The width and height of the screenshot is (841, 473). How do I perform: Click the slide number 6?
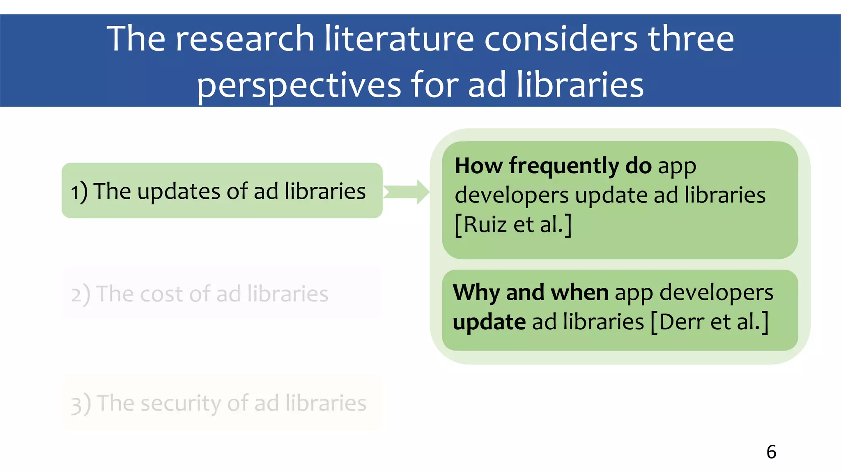point(771,452)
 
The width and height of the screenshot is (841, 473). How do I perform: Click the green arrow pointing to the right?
point(407,192)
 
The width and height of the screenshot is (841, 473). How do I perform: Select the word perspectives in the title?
point(299,85)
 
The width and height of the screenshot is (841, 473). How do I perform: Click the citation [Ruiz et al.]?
point(513,225)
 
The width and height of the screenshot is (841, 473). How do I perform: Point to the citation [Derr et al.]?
point(710,322)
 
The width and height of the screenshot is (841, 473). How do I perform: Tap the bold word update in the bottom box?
point(489,322)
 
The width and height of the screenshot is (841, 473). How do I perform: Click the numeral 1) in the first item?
point(79,192)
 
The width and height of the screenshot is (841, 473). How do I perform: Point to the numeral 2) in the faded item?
point(80,294)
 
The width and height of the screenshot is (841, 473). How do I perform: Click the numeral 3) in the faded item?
point(80,404)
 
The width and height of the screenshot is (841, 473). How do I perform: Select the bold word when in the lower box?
point(579,292)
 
